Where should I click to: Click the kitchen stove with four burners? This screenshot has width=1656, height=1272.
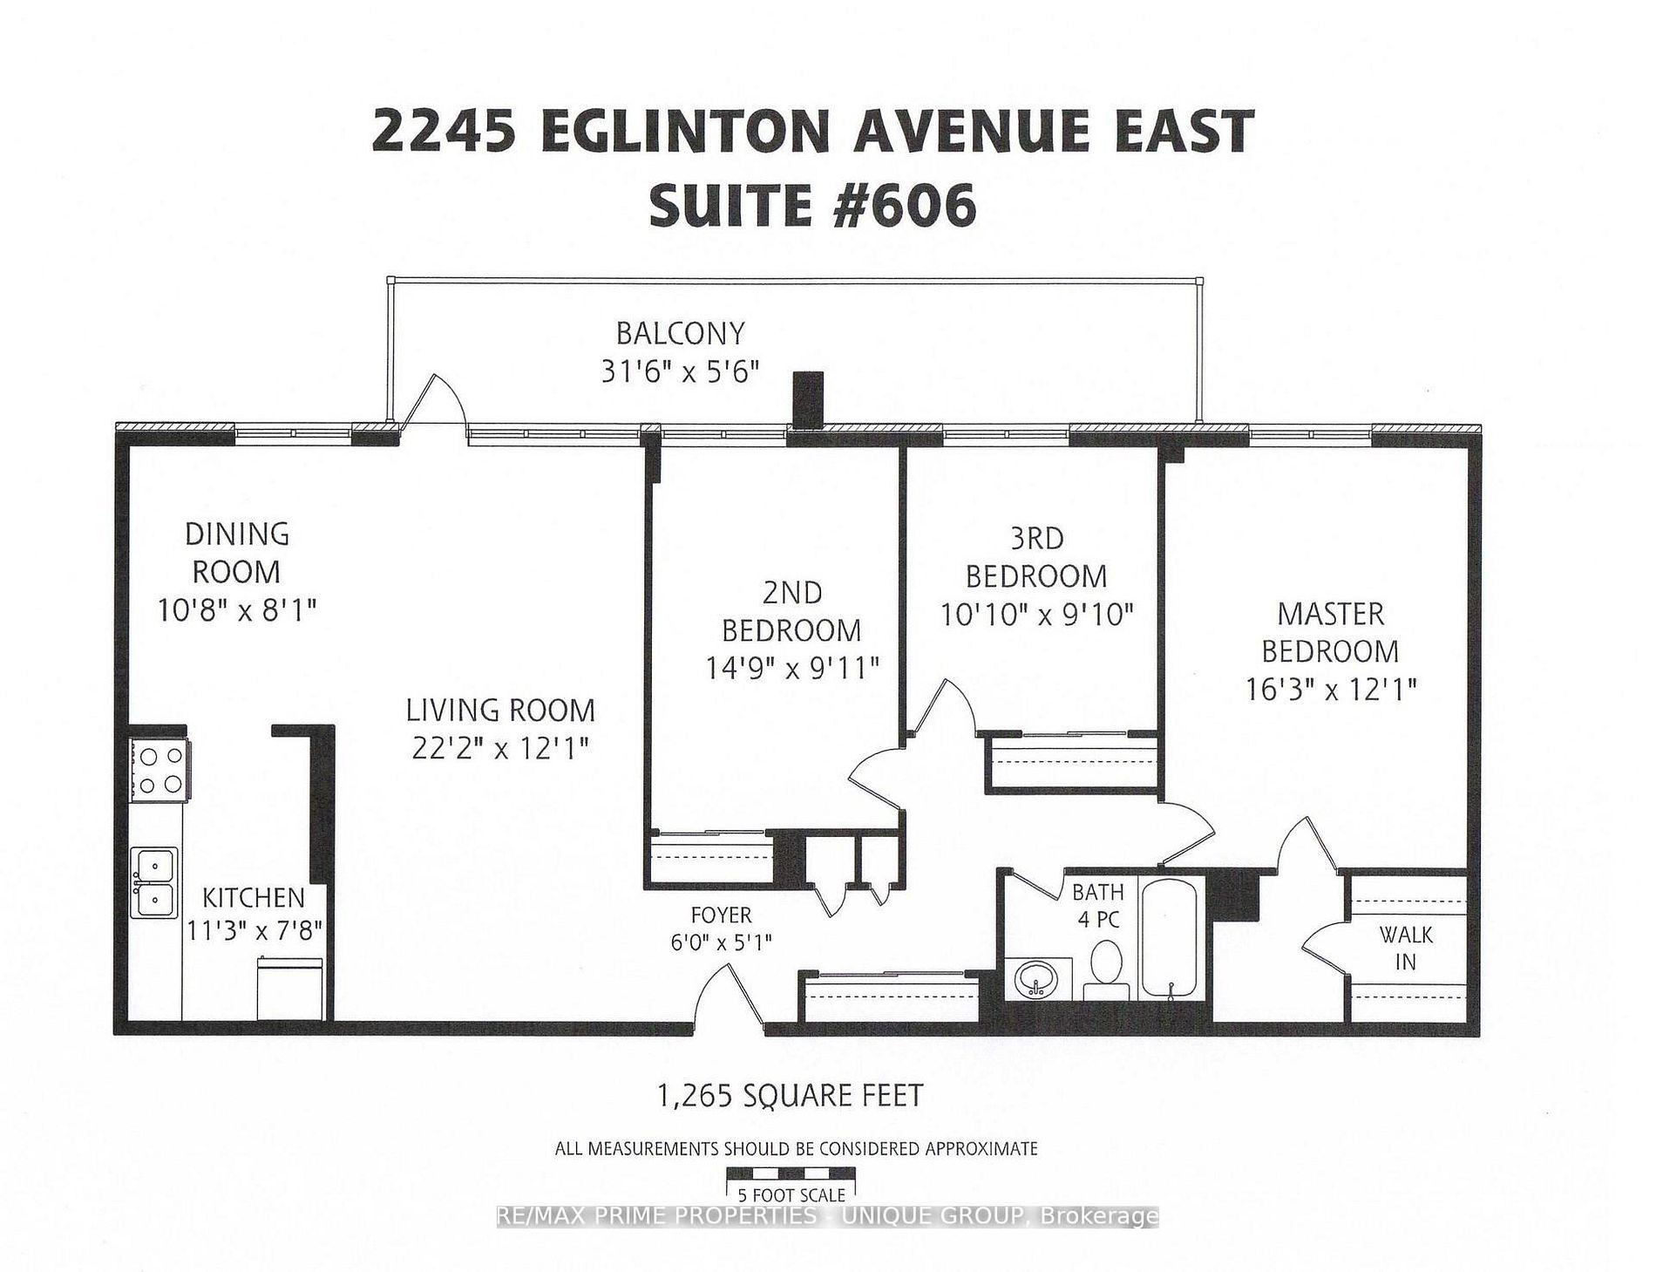tap(159, 769)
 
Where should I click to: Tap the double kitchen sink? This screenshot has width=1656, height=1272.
tap(154, 881)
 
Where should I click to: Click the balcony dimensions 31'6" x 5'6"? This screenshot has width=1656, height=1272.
tap(680, 372)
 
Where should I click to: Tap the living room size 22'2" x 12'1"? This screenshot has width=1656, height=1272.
tap(500, 748)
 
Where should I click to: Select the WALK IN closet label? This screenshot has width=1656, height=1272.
tap(1405, 949)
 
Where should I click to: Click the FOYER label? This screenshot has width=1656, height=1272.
tap(721, 915)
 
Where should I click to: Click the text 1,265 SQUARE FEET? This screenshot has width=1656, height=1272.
tap(791, 1095)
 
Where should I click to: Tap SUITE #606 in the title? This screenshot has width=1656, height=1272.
tap(812, 207)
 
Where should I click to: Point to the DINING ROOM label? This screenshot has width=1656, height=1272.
tap(236, 553)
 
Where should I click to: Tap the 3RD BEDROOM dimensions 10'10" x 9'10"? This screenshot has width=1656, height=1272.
tap(1036, 615)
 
